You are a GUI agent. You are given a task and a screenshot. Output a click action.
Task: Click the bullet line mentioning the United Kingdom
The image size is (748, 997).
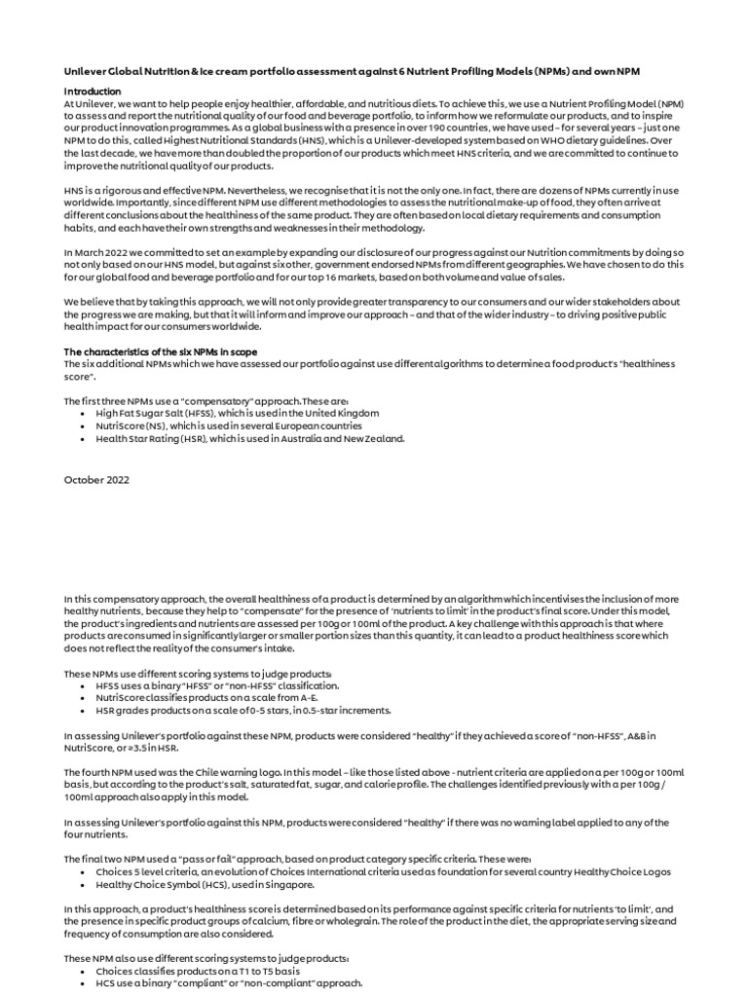[237, 413]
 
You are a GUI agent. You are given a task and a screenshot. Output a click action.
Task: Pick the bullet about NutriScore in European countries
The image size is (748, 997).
[228, 425]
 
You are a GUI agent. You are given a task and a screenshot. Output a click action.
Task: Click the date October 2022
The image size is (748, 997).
[96, 480]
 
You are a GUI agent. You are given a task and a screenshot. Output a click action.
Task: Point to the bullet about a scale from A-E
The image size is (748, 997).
[219, 698]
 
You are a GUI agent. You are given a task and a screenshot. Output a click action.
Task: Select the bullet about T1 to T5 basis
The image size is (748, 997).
[198, 971]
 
